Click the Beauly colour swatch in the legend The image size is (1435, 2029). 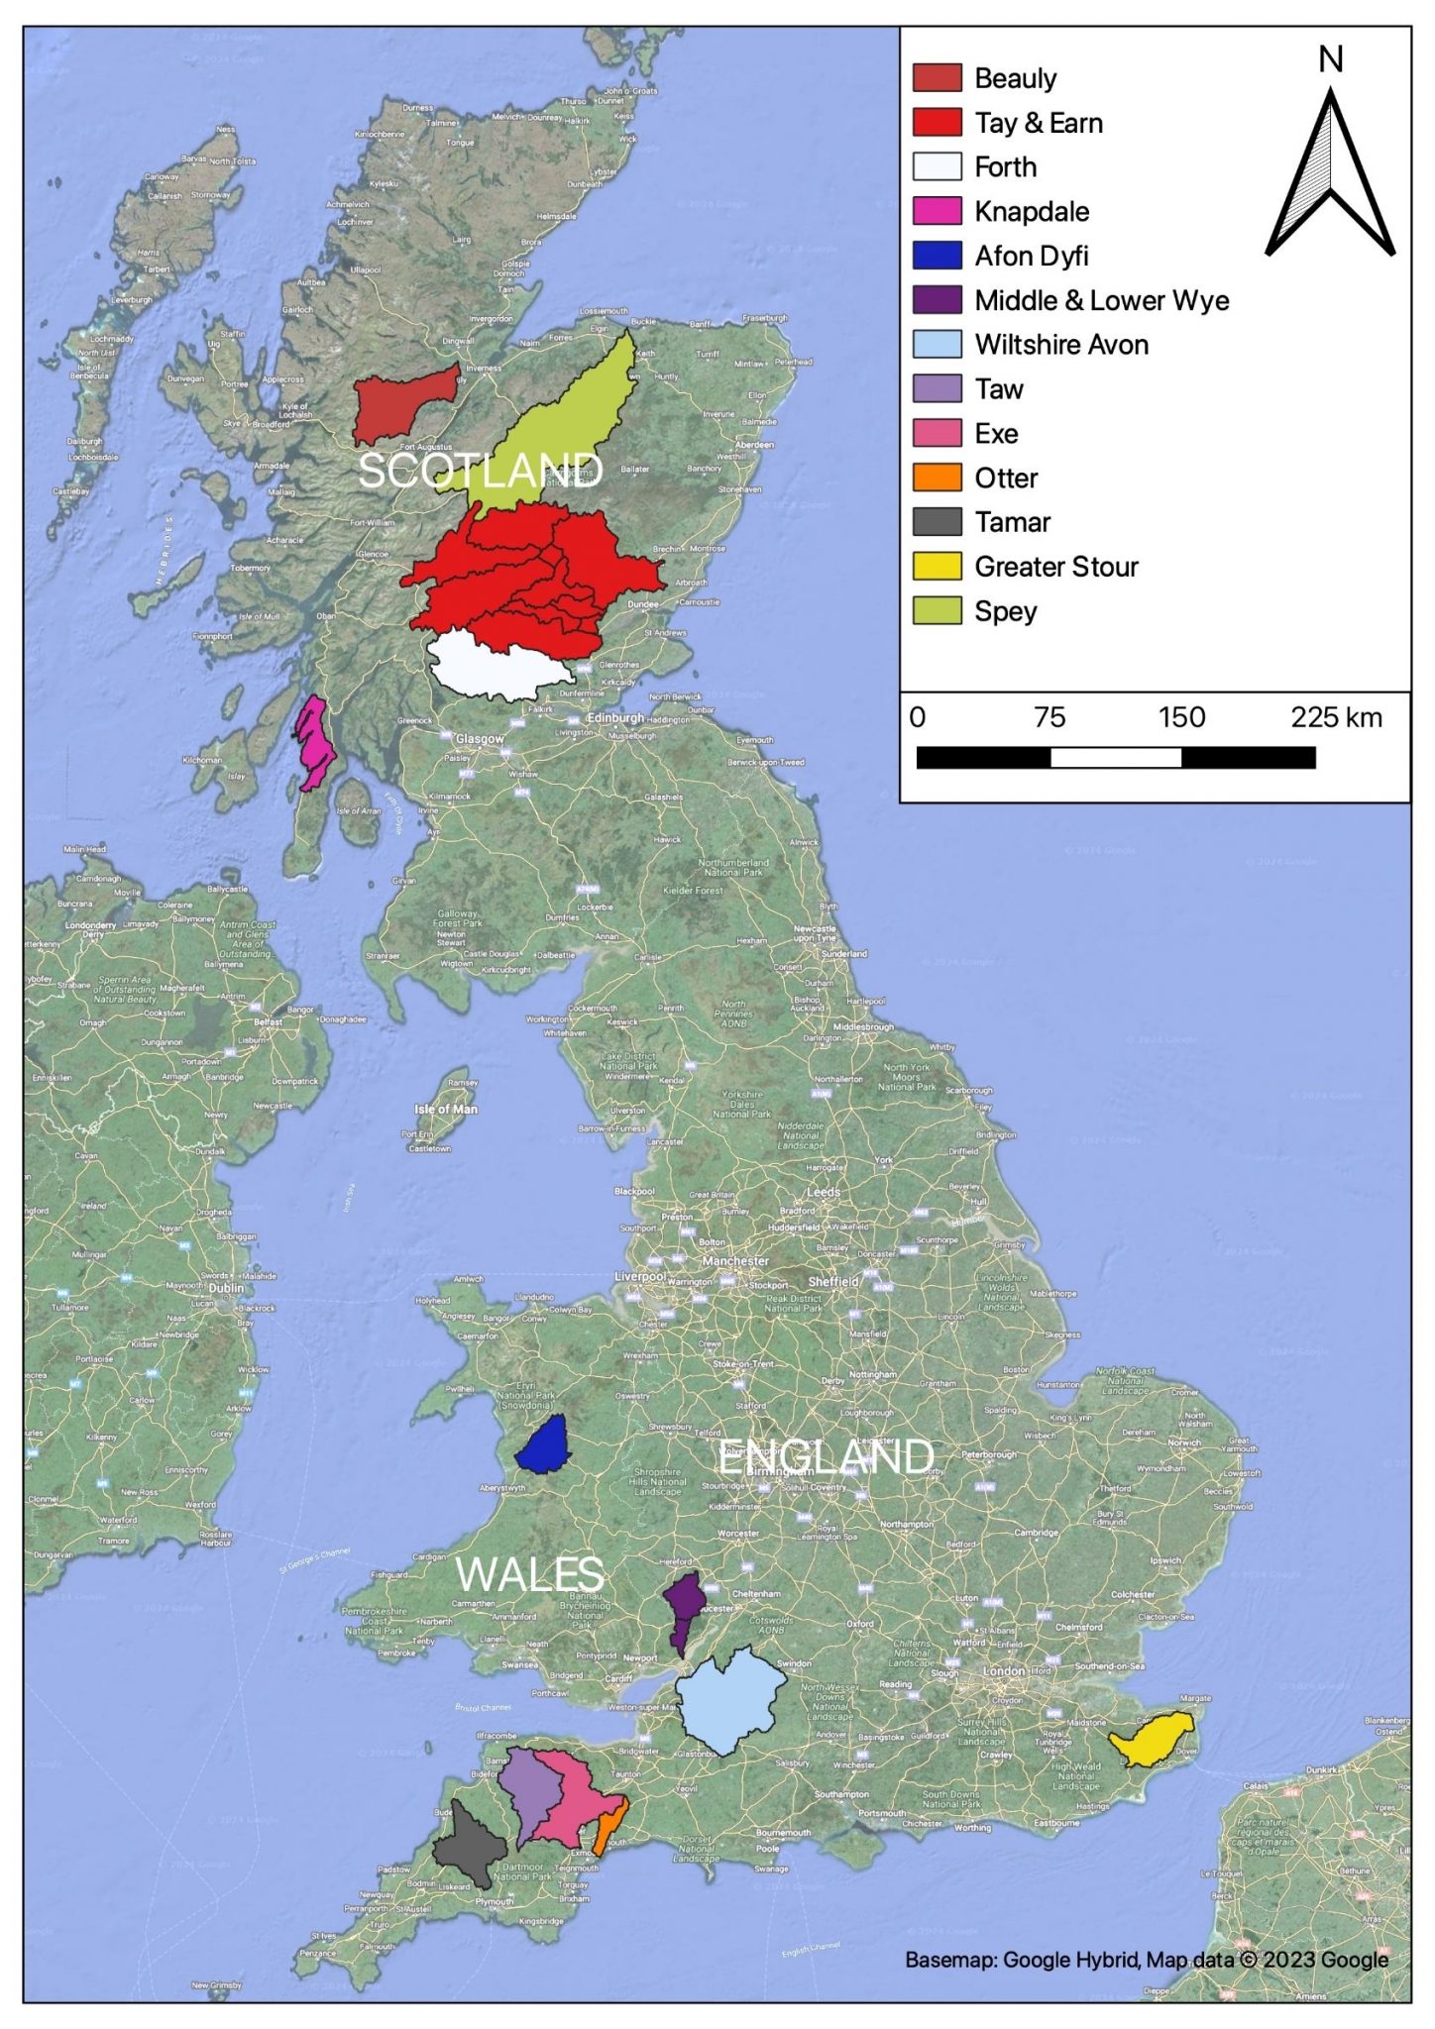click(937, 78)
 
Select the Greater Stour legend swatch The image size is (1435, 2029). click(937, 567)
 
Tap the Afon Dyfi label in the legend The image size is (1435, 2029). click(1031, 256)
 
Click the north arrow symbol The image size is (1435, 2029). click(1330, 173)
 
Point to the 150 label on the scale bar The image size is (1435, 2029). click(1181, 717)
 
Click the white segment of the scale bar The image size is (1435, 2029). click(1116, 758)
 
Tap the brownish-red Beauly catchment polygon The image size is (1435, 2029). click(401, 406)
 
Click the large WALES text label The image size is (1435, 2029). click(530, 1574)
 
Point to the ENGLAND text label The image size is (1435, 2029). click(826, 1457)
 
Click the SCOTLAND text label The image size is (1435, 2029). click(480, 471)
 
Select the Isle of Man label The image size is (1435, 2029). click(446, 1109)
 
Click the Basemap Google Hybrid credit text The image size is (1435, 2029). click(1146, 1959)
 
